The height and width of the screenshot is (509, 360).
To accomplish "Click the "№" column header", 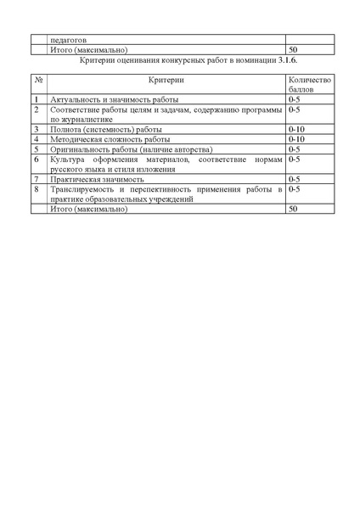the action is [39, 79].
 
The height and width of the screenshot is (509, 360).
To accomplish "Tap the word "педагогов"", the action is [69, 39].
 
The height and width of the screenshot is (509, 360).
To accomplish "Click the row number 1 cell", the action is [37, 100].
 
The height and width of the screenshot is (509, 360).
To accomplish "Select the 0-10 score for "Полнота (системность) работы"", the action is [296, 129].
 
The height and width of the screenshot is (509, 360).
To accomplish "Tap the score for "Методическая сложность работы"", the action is [296, 138].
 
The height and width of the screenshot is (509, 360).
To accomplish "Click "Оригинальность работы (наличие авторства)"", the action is [124, 148].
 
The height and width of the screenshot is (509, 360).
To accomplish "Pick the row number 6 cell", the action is [37, 159].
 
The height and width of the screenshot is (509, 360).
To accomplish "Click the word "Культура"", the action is [69, 159].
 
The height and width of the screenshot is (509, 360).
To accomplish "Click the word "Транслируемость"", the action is [84, 189].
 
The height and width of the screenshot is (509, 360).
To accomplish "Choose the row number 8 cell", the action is [37, 189].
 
